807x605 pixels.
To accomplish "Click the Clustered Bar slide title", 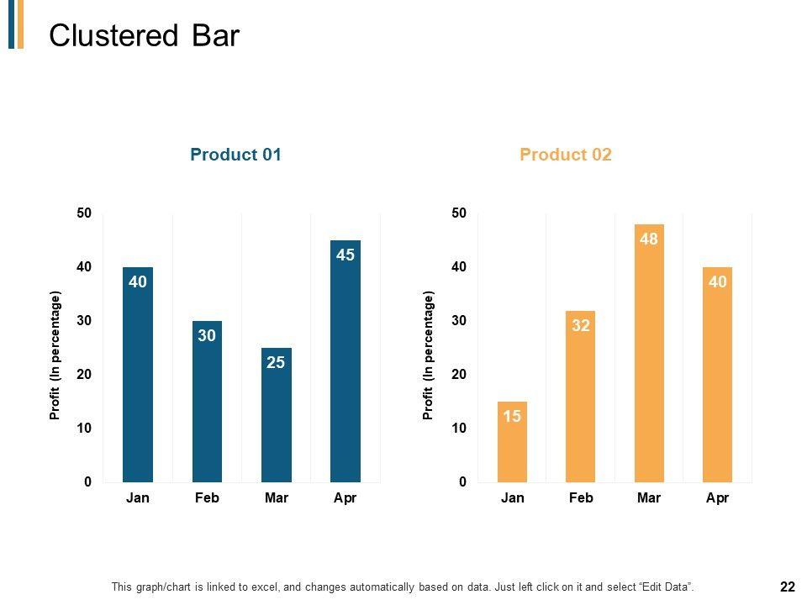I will (144, 36).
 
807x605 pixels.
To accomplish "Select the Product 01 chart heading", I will (235, 155).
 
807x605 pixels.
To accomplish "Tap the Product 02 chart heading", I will (566, 155).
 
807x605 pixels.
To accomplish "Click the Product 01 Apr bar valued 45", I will (345, 360).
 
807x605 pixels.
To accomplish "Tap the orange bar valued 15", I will (513, 441).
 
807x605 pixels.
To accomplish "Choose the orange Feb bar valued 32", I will (581, 396).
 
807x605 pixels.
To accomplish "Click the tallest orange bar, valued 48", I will (649, 353).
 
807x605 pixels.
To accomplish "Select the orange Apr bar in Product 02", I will (717, 374).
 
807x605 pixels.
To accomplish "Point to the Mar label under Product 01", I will (276, 498).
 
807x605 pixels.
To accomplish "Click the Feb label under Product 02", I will (581, 498).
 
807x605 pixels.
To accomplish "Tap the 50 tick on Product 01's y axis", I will (83, 213).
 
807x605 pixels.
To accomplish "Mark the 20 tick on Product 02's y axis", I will (457, 375).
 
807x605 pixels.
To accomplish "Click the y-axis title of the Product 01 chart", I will (55, 355).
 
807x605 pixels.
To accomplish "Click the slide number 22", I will (788, 587).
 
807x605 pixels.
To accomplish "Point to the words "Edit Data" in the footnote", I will (667, 587).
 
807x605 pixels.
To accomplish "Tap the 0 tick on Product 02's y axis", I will (462, 482).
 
